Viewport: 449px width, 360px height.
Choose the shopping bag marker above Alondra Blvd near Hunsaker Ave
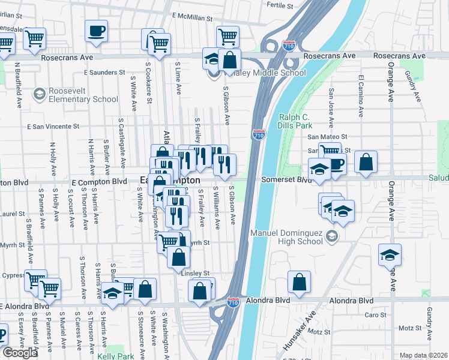299,281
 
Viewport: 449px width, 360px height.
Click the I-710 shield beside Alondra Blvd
234,303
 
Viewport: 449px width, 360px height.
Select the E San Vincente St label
53,127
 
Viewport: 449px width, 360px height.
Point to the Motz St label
411,328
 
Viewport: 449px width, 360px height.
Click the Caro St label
376,314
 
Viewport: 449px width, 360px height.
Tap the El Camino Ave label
361,95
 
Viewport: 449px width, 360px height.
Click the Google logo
20,353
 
